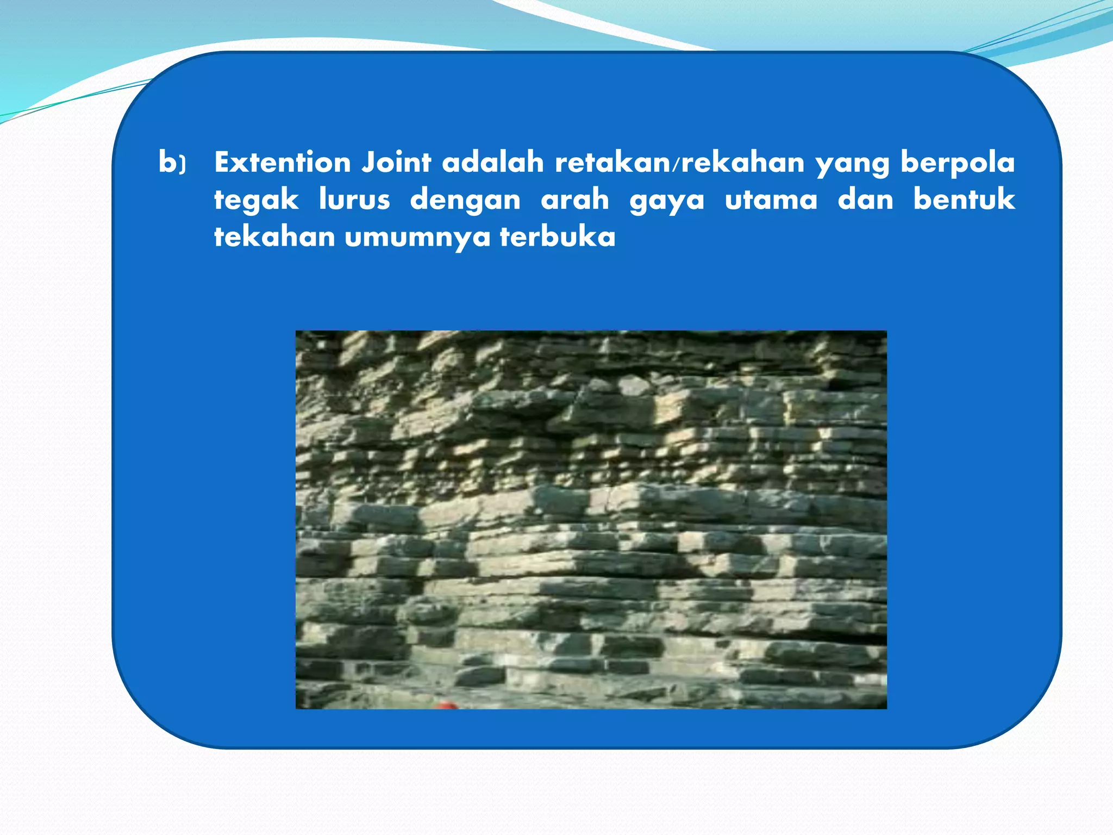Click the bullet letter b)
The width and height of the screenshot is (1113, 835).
[172, 162]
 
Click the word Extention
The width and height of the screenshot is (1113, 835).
[283, 162]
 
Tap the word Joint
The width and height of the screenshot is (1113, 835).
[396, 162]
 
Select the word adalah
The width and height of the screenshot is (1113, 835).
[492, 162]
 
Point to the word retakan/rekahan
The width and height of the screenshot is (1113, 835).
[679, 162]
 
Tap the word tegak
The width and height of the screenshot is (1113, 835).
[256, 200]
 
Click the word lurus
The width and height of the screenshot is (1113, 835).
[354, 199]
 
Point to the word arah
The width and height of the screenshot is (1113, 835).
[575, 199]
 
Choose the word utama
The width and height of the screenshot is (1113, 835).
[771, 199]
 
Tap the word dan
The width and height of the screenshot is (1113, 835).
[865, 199]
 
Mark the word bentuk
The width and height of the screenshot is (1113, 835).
[964, 199]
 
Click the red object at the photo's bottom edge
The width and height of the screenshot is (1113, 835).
[446, 705]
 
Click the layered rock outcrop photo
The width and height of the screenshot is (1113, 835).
[591, 519]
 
